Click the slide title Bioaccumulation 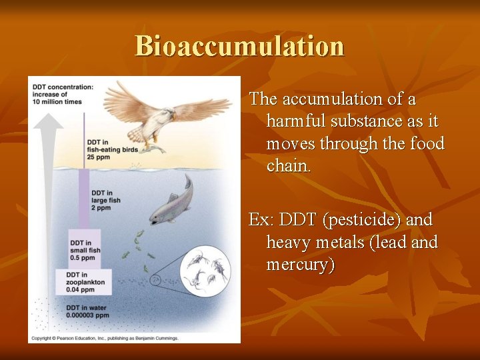click(x=239, y=46)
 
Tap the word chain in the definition click(x=288, y=165)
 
